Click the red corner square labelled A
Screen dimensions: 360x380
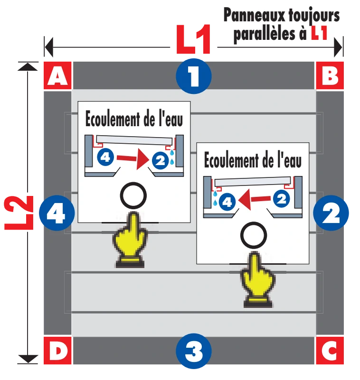[x=57, y=75]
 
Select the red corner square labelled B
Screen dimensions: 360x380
[x=330, y=75]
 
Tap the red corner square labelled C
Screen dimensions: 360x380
[x=330, y=351]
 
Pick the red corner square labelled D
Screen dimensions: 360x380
[x=57, y=351]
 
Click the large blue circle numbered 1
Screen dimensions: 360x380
[x=194, y=76]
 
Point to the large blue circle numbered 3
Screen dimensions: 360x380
[x=194, y=351]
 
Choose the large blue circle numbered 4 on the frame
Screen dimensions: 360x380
[x=57, y=213]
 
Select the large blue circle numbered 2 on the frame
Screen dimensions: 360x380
[x=331, y=213]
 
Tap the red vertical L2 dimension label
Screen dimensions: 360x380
[x=19, y=213]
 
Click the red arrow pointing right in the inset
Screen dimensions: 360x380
[x=133, y=159]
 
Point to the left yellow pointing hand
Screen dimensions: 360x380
[x=130, y=240]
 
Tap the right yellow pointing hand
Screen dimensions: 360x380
[x=258, y=280]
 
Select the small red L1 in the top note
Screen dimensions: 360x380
[x=319, y=33]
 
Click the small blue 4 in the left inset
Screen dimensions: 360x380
[x=105, y=158]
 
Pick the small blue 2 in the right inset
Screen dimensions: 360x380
[x=282, y=199]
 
